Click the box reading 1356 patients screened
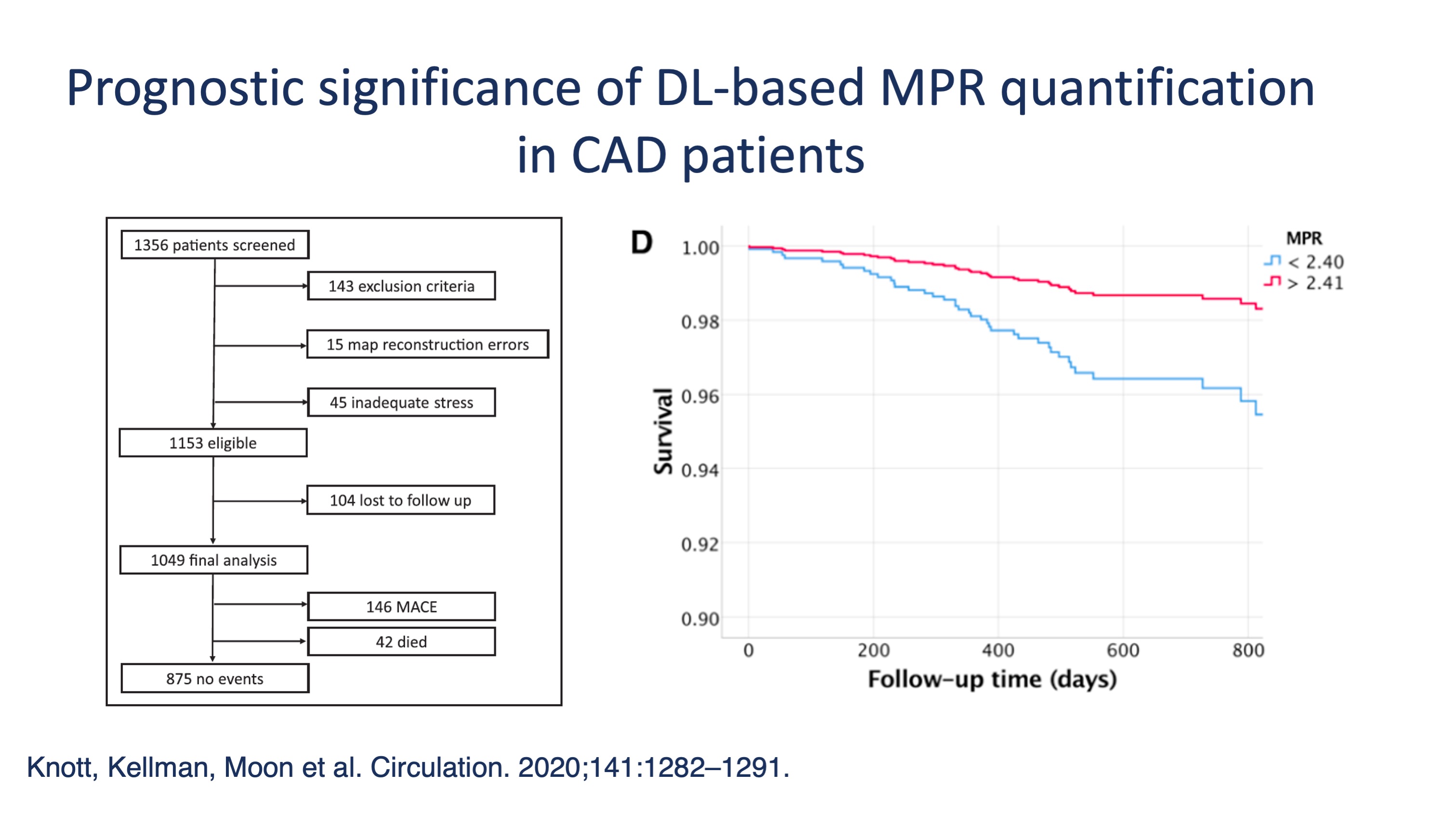(215, 245)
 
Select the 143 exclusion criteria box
(401, 286)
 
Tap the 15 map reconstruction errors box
(427, 344)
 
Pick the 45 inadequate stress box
(401, 402)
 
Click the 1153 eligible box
(213, 443)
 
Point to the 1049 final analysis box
(214, 560)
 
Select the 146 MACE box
(401, 607)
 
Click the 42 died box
(401, 641)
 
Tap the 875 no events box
(215, 679)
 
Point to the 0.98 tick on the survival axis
(700, 322)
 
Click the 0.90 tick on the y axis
(700, 619)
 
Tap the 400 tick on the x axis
(998, 650)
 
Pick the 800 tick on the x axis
(1248, 650)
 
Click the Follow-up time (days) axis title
(992, 680)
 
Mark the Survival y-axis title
(663, 431)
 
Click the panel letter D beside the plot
(642, 243)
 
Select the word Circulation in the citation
(439, 768)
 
